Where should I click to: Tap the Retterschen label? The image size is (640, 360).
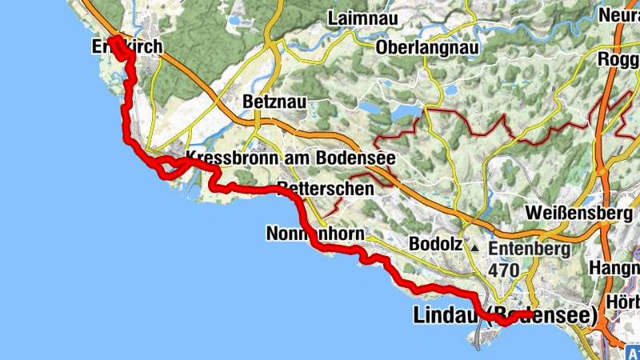click(325, 190)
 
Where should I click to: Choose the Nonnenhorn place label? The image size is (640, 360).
click(316, 234)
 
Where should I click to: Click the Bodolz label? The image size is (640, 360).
click(435, 243)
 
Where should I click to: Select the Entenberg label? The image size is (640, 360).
click(529, 249)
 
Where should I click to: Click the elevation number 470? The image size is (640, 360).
click(504, 270)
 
